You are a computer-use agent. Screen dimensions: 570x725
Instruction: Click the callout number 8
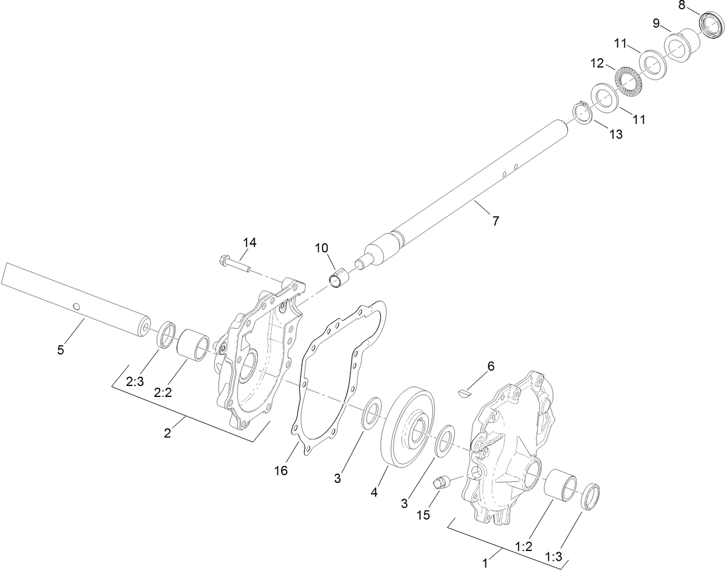[681, 6]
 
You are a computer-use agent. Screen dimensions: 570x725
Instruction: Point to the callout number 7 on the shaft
[495, 220]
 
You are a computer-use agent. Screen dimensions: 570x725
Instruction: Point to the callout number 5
[61, 350]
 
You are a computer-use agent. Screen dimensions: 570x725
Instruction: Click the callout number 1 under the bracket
[485, 560]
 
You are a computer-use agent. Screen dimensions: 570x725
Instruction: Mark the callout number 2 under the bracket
[167, 433]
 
